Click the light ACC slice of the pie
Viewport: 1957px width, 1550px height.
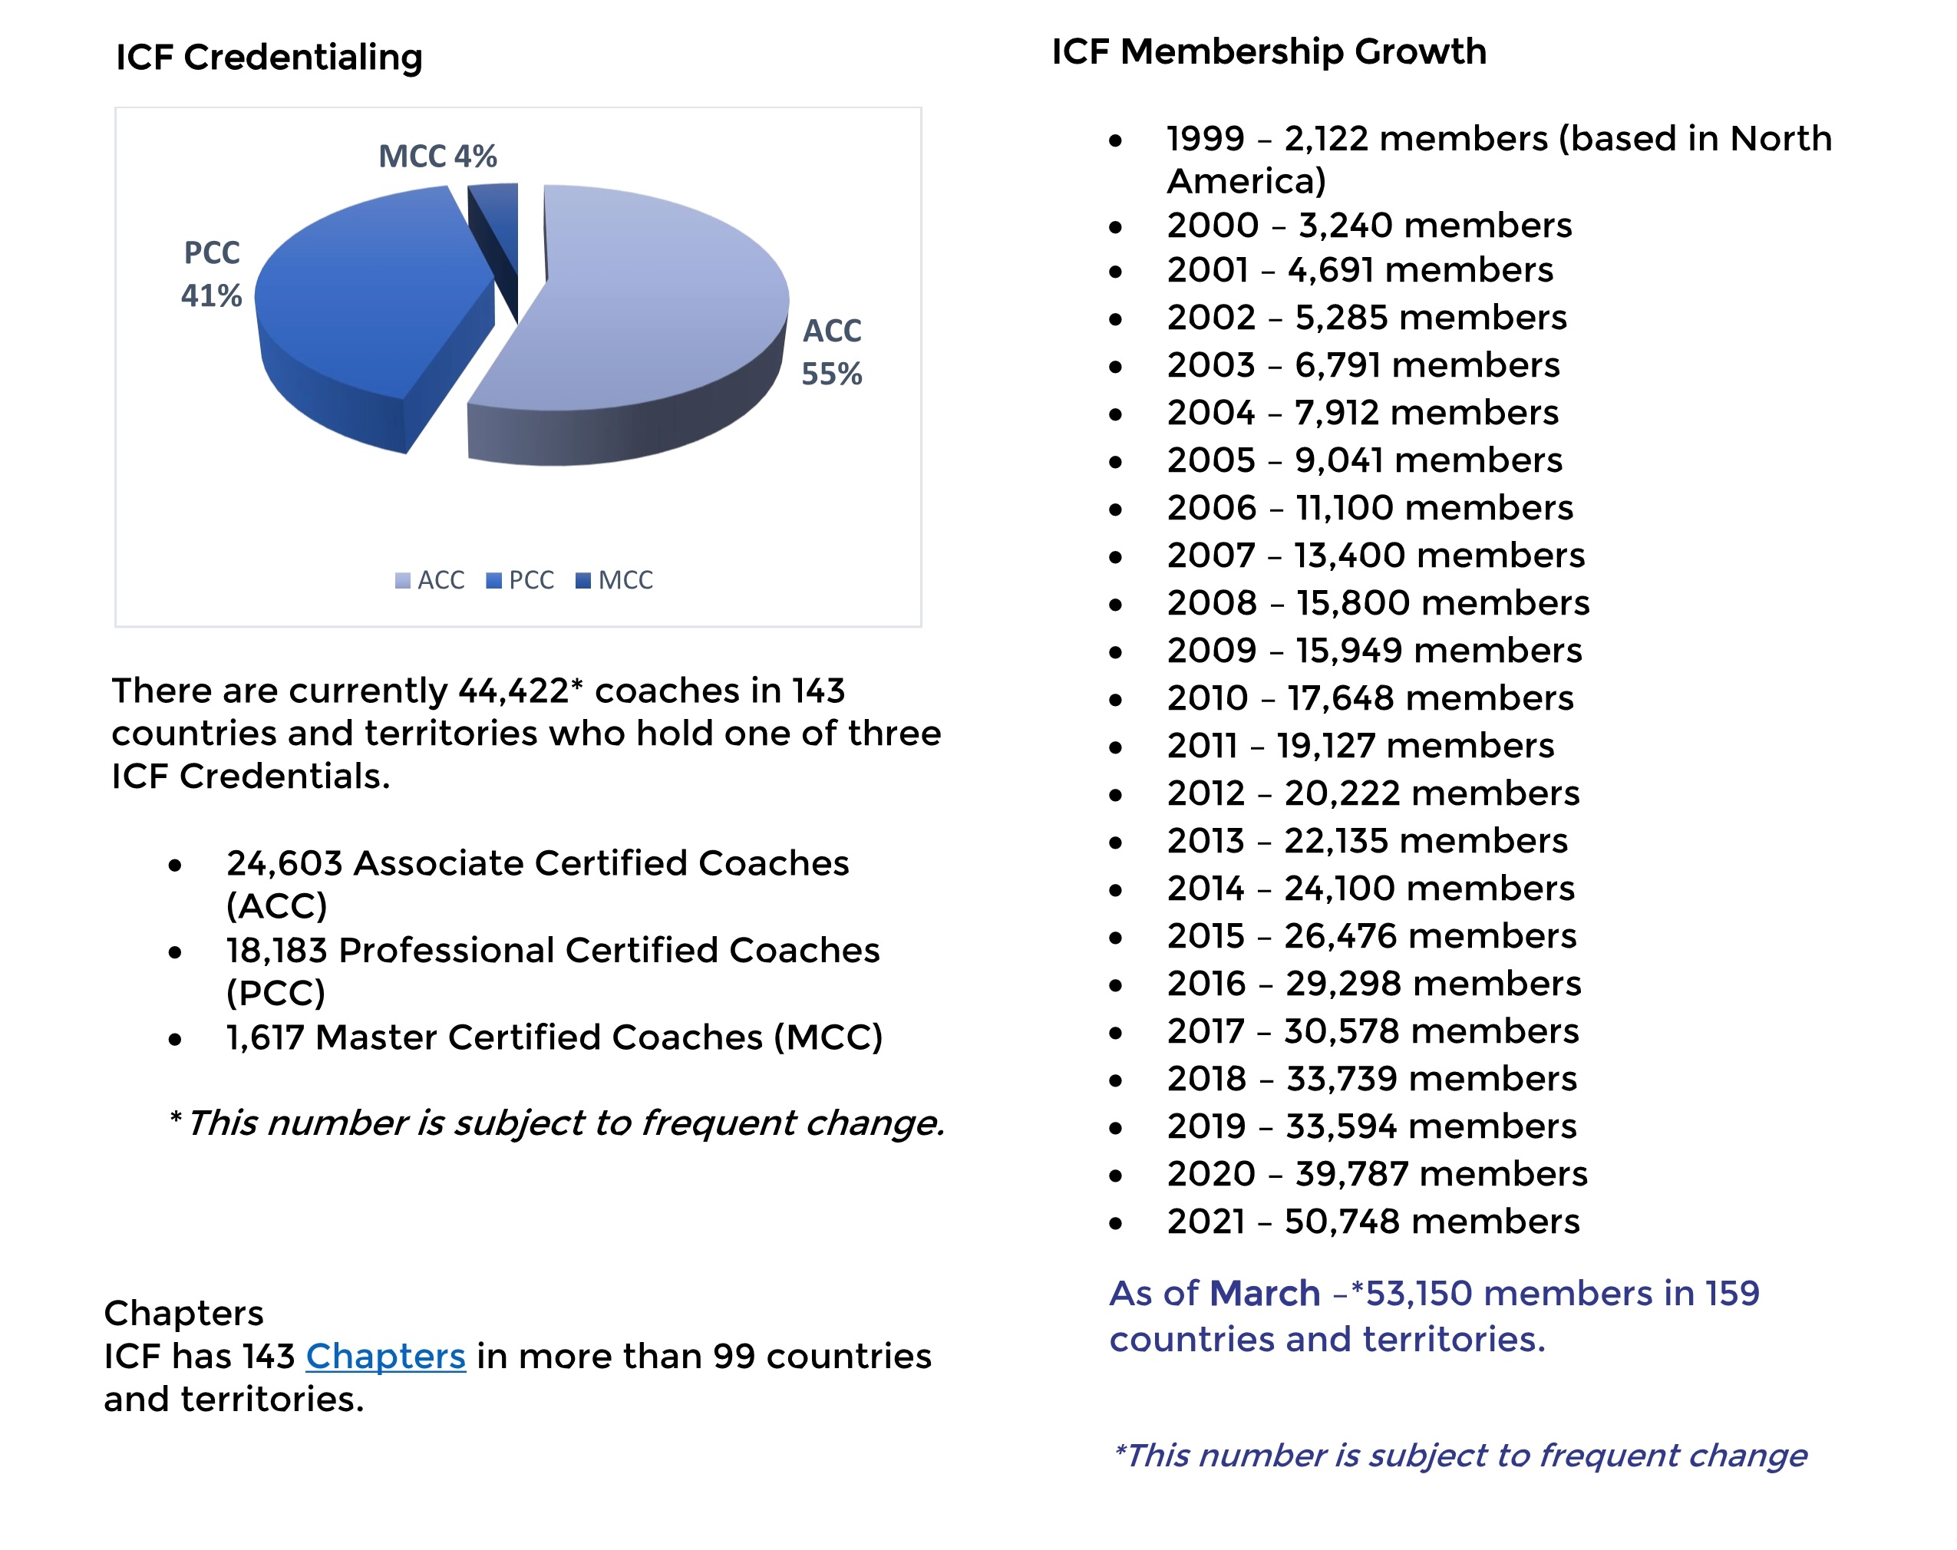point(654,299)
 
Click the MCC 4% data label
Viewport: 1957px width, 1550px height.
point(437,156)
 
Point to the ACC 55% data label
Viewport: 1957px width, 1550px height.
point(831,352)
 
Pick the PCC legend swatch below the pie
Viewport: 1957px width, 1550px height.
point(493,581)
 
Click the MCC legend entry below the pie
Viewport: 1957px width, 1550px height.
point(615,581)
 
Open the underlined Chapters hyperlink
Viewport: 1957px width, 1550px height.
point(386,1356)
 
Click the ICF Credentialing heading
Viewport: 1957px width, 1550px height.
point(269,58)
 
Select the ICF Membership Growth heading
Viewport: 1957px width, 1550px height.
point(1269,51)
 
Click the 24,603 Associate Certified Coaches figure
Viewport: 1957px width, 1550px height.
point(284,864)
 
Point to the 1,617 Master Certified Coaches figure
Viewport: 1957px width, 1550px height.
point(265,1037)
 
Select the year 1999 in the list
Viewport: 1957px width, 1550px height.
point(1206,139)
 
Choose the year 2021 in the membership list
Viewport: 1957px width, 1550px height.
point(1206,1222)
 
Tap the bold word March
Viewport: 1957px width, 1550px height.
point(1265,1293)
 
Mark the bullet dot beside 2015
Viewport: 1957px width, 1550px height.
point(1116,938)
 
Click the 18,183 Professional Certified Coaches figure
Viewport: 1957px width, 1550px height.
point(277,951)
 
